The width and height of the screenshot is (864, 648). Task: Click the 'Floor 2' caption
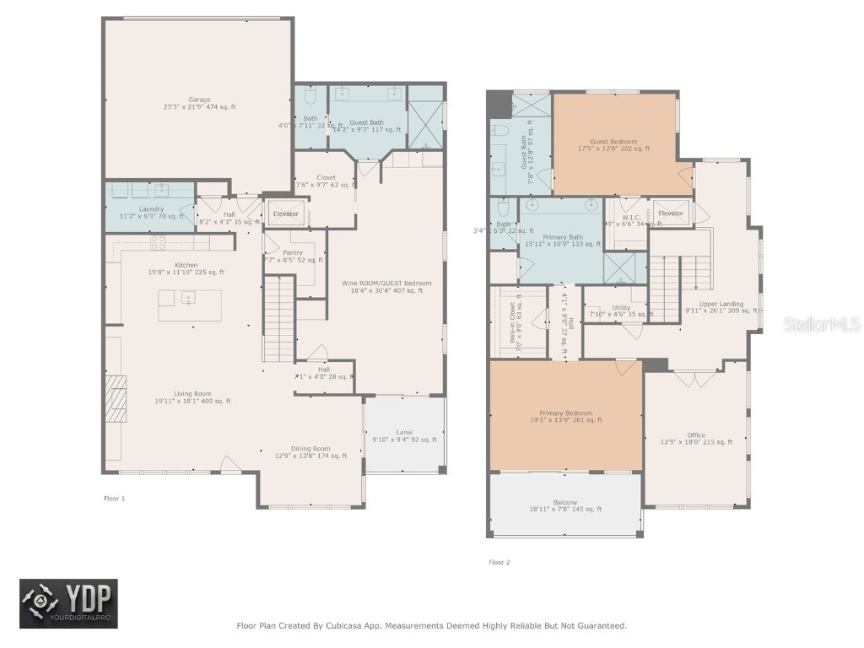(x=499, y=562)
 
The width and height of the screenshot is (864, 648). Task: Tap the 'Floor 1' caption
(x=114, y=499)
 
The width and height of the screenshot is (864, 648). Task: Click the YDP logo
(x=69, y=604)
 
